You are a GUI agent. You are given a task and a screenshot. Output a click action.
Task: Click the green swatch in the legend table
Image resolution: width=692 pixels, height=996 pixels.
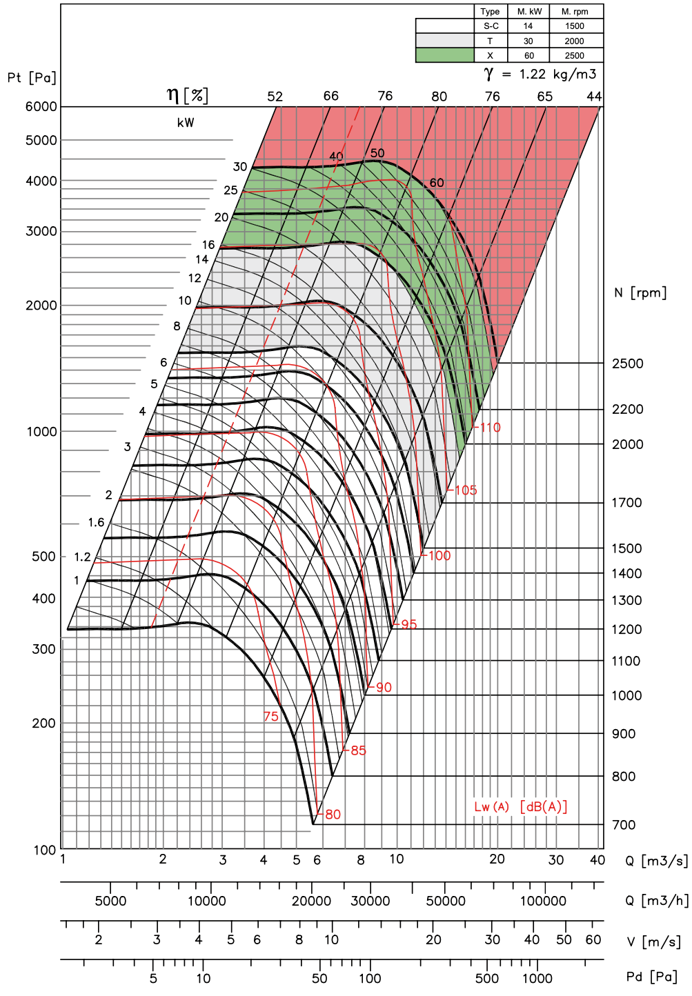coord(444,55)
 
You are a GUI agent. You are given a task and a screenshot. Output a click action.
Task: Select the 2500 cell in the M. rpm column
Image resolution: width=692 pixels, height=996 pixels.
coord(574,56)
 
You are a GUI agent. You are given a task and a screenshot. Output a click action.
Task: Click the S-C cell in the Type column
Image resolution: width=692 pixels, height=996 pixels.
coord(491,26)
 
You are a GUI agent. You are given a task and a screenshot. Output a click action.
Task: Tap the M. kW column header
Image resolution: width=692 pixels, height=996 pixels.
coord(528,12)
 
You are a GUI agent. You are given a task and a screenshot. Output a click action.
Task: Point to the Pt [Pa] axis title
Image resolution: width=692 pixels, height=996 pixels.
coord(32,78)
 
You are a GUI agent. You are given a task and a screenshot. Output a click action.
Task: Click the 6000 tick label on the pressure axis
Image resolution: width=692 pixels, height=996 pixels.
coord(41,107)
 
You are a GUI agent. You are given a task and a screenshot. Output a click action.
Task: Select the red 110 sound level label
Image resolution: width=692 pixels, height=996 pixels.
coord(490,428)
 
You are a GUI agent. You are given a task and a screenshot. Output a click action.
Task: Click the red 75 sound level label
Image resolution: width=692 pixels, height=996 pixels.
coord(271,717)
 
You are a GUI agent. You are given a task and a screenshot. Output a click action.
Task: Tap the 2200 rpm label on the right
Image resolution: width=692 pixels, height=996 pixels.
coord(628,409)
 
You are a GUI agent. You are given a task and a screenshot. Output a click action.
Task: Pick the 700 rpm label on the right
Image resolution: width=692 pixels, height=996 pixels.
coord(624,825)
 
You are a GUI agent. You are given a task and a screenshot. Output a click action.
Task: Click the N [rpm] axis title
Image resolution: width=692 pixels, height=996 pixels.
coord(640,292)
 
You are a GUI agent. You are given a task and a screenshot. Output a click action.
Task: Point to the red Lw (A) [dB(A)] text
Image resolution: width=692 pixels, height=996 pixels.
coord(520,806)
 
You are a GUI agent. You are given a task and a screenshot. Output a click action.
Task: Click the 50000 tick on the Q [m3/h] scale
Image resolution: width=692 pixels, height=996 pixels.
coord(445,902)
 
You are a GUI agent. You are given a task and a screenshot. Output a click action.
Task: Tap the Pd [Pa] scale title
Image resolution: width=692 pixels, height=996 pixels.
coord(651,977)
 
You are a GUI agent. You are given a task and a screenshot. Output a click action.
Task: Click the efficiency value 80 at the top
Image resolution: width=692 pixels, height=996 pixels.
coord(439,97)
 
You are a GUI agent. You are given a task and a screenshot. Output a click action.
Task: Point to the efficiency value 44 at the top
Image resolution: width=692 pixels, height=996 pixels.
coord(594,97)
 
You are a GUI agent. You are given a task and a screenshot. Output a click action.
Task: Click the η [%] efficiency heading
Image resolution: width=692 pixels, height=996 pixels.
coord(187,94)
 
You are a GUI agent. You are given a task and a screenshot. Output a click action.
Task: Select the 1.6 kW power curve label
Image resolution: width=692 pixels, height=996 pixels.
coord(96,522)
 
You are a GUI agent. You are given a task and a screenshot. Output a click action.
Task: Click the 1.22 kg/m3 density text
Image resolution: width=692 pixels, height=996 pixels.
coord(557,74)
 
